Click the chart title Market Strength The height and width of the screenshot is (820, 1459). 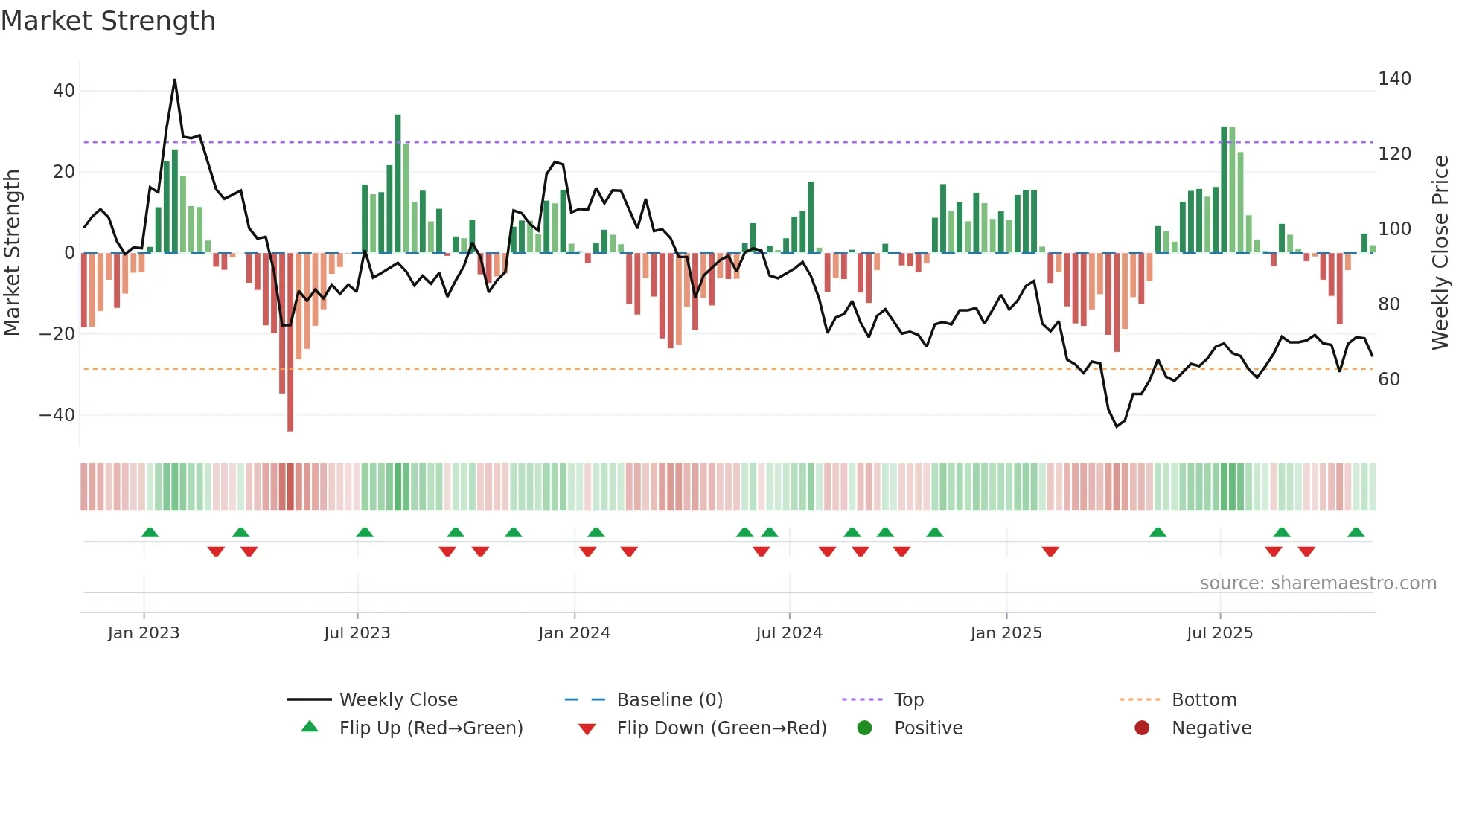tap(108, 21)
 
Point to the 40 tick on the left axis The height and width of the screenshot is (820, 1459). tap(64, 91)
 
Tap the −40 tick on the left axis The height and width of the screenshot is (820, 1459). tap(57, 414)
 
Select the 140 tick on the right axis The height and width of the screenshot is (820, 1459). tap(1394, 79)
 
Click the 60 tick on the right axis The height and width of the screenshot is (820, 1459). tap(1389, 379)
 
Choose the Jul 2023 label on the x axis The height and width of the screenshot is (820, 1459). tap(357, 633)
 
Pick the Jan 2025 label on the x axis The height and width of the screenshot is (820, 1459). tap(1006, 633)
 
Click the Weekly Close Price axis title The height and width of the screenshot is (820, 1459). tap(1440, 253)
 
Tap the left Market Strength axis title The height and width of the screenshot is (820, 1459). tap(12, 253)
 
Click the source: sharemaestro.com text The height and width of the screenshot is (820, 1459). tap(1318, 583)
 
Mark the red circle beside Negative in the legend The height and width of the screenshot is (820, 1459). tap(1142, 728)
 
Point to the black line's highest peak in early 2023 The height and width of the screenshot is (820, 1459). tap(175, 80)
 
